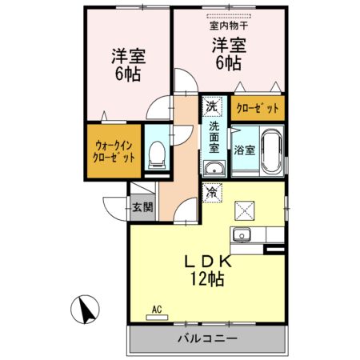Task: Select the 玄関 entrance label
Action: click(143, 207)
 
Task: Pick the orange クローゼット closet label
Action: click(258, 106)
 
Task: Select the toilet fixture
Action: click(158, 154)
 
